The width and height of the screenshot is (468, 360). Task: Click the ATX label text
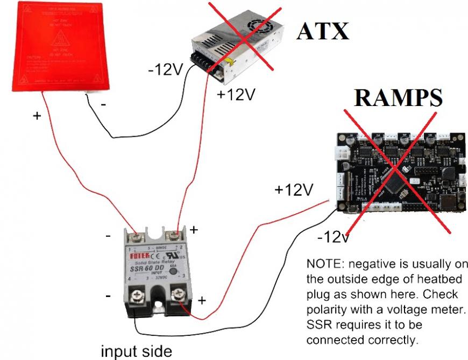click(322, 31)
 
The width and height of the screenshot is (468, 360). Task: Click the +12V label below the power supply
click(235, 95)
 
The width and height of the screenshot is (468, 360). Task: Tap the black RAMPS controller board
click(400, 172)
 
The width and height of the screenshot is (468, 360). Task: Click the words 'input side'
click(138, 351)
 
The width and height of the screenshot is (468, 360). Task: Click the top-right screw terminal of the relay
click(174, 236)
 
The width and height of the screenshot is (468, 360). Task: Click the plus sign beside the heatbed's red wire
click(37, 115)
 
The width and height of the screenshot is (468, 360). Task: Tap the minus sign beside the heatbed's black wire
click(102, 105)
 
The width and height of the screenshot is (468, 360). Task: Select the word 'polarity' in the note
click(324, 312)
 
